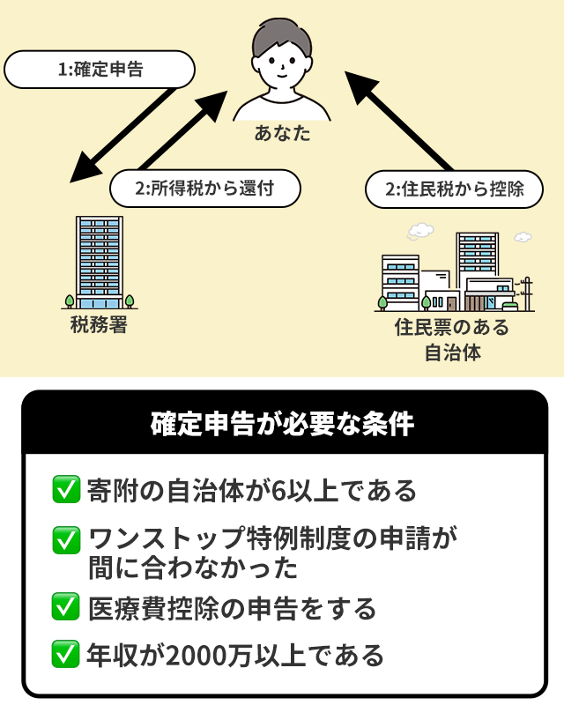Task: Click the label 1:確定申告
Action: pos(100,70)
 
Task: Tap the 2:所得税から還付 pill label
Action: pos(205,189)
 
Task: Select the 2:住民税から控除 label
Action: pos(453,189)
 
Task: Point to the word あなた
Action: pos(282,135)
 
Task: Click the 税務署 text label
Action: pos(100,325)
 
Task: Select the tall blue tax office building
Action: pos(100,256)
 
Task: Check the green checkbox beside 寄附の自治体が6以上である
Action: pos(67,491)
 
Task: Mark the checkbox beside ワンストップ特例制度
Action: pos(67,539)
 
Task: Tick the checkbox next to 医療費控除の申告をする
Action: pos(67,607)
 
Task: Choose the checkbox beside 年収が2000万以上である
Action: pos(67,655)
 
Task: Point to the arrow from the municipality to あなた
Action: pos(401,122)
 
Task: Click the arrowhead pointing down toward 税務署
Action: pos(83,170)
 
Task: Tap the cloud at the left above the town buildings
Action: pos(420,232)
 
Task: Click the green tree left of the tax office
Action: pos(69,300)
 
